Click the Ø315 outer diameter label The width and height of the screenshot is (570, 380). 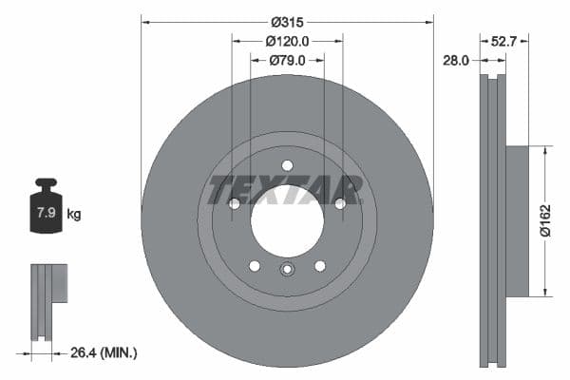click(286, 21)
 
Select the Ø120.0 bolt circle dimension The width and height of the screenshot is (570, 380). click(287, 41)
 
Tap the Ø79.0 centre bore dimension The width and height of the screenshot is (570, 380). click(287, 61)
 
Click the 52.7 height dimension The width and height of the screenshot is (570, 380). click(503, 41)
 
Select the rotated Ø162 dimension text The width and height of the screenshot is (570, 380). click(545, 220)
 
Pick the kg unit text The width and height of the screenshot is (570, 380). click(74, 214)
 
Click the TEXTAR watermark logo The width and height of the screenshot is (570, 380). click(286, 190)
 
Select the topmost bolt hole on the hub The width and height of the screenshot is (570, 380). click(287, 165)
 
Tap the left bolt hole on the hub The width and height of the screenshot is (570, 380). click(234, 203)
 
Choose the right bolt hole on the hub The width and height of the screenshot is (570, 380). click(339, 203)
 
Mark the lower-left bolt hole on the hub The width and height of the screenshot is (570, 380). click(254, 266)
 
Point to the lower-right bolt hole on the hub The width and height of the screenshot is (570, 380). click(319, 266)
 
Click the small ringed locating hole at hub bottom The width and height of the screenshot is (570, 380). click(287, 270)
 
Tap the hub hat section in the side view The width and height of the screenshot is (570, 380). click(516, 220)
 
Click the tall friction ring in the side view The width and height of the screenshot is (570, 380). click(492, 220)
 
